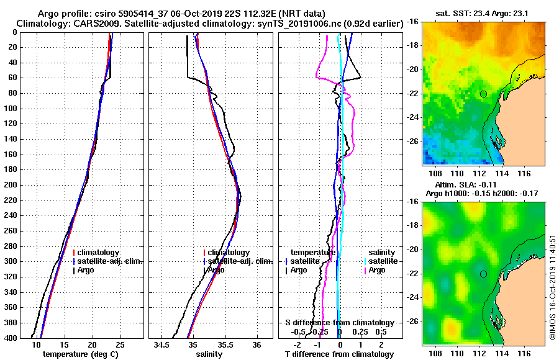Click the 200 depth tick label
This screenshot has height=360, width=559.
(11, 185)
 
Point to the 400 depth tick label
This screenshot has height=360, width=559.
(11, 338)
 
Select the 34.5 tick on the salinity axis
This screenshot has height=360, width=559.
(163, 344)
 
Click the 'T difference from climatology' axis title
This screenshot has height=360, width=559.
(339, 354)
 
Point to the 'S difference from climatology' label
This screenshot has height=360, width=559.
(339, 323)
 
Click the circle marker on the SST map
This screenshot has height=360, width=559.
(483, 94)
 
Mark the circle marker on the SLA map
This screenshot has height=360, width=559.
(483, 274)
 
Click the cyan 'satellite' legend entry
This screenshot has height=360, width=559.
(381, 261)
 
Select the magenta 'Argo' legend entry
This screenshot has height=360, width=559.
(376, 270)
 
